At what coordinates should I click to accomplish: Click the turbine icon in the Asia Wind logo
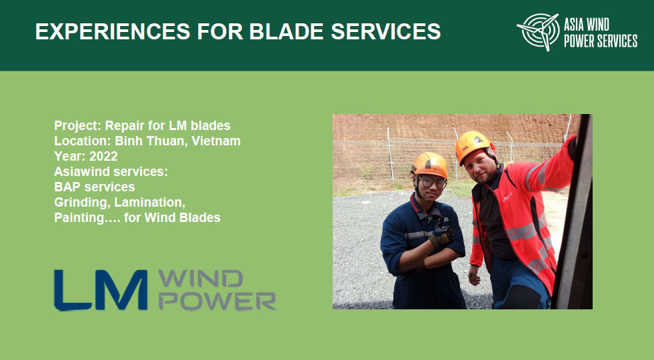pyautogui.click(x=538, y=31)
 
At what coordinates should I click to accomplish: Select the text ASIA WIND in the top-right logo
pyautogui.click(x=592, y=25)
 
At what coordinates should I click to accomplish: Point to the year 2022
pyautogui.click(x=104, y=156)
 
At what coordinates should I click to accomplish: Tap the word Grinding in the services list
pyautogui.click(x=80, y=202)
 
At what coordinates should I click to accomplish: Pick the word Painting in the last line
pyautogui.click(x=79, y=217)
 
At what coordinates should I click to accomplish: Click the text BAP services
pyautogui.click(x=94, y=187)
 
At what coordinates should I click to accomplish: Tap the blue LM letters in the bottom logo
pyautogui.click(x=101, y=289)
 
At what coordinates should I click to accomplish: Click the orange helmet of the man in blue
pyautogui.click(x=429, y=163)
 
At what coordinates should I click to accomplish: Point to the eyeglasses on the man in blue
pyautogui.click(x=431, y=181)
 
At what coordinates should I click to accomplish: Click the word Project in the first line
pyautogui.click(x=76, y=125)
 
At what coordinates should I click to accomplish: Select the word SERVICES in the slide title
pyautogui.click(x=386, y=31)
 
